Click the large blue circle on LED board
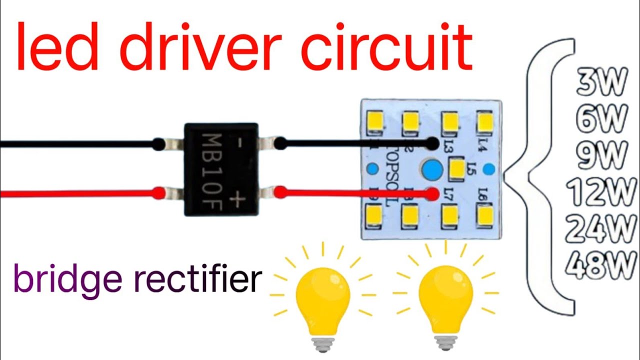[x=431, y=170]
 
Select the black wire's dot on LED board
[x=432, y=144]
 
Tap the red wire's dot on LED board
[x=433, y=193]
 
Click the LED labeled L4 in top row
[x=484, y=122]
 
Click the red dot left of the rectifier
[x=158, y=193]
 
